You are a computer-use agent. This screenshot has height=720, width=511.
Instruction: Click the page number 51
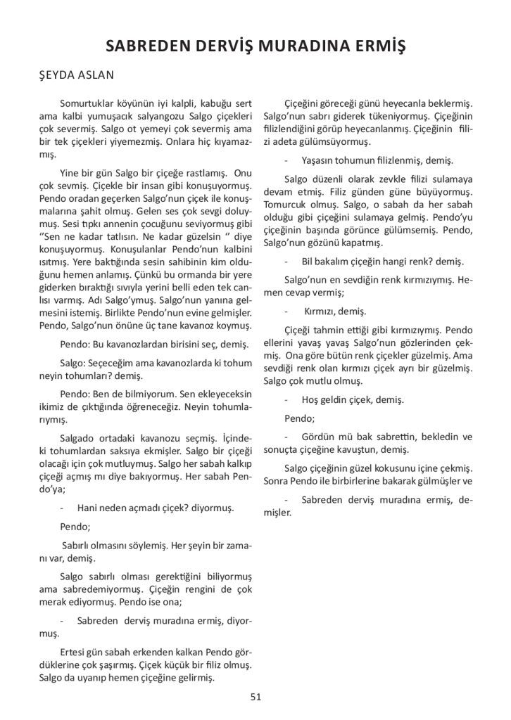pos(255,696)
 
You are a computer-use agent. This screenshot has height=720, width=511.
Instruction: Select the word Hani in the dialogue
pos(87,507)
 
